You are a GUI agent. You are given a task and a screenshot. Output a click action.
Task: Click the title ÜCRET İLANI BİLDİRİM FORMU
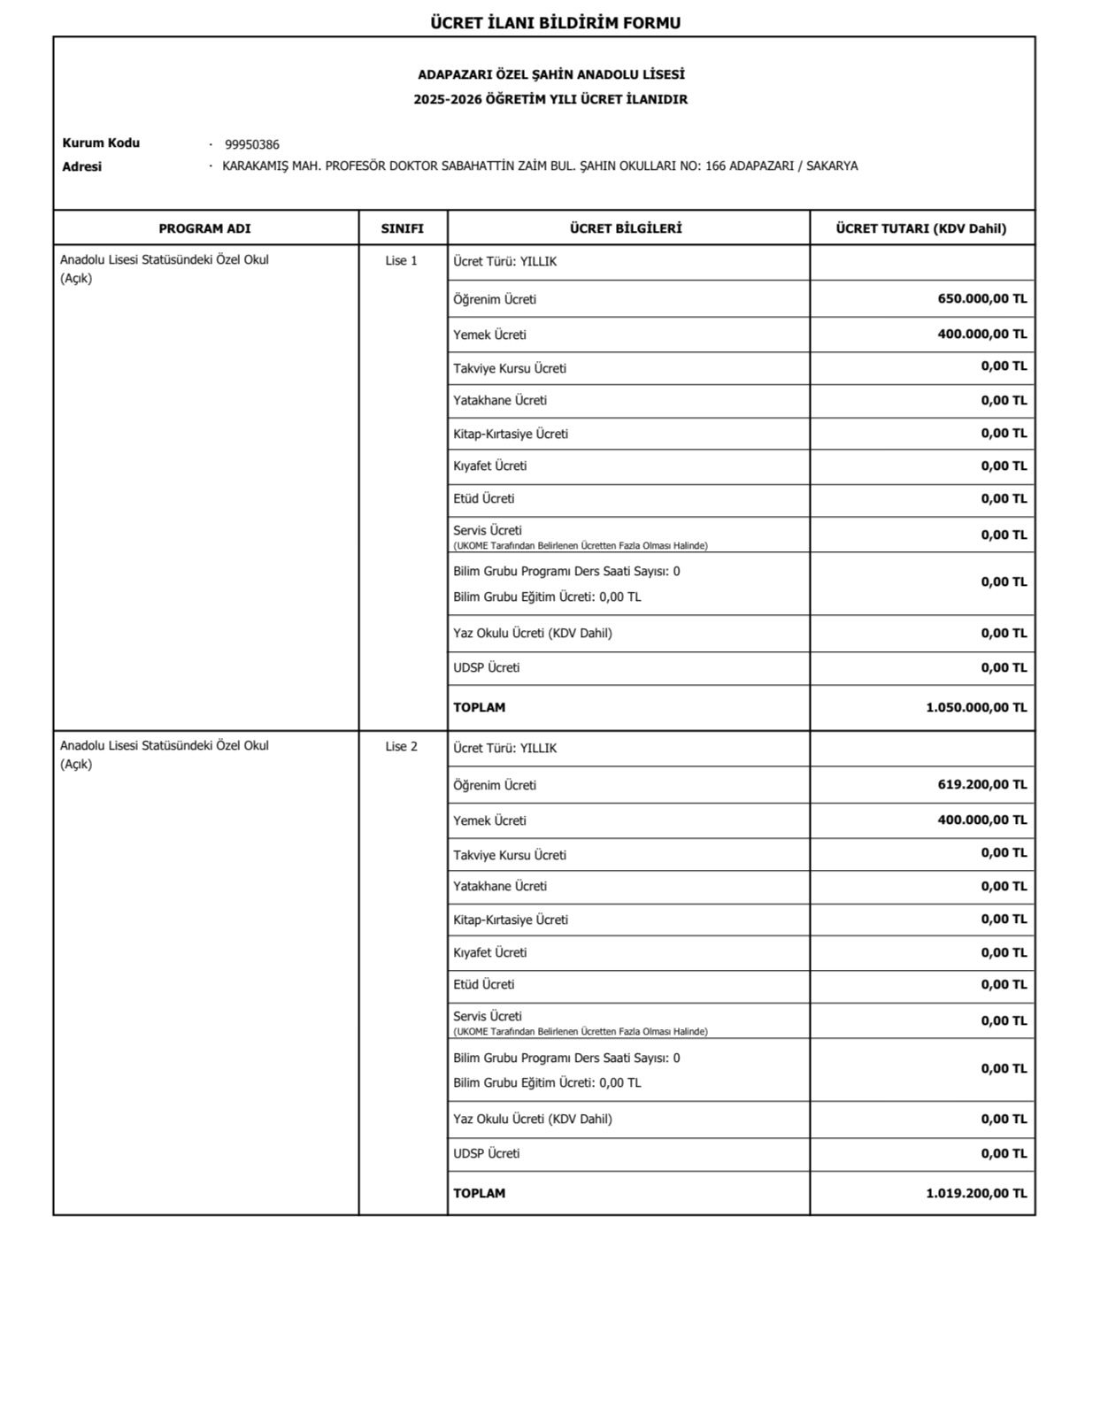point(555,23)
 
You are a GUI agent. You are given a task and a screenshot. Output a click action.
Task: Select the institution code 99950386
point(251,145)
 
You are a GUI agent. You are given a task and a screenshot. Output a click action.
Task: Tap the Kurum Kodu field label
point(101,143)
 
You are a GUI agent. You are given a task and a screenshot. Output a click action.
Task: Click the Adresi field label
point(81,166)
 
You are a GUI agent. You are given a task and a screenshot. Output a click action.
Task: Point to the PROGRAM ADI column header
point(204,228)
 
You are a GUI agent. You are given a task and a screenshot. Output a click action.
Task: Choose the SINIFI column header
point(402,228)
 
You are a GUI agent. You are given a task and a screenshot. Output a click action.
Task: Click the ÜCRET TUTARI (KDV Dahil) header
point(920,228)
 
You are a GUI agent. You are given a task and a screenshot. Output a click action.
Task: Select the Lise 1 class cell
point(401,261)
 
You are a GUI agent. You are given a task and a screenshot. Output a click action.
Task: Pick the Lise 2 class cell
point(401,747)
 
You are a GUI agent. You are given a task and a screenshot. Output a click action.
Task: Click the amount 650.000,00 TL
point(981,299)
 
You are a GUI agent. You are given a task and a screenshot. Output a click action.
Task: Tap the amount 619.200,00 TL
point(981,785)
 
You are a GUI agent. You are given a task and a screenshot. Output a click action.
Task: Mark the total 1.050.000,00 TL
point(975,708)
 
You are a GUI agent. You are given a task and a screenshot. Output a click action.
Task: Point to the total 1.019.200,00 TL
point(975,1194)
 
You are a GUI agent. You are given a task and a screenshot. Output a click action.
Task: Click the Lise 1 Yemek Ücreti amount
point(981,335)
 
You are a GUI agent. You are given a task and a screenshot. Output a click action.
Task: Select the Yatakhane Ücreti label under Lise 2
point(500,887)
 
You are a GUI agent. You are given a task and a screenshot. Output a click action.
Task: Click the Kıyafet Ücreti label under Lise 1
point(489,466)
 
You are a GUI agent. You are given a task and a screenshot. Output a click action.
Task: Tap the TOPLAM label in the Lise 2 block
point(479,1194)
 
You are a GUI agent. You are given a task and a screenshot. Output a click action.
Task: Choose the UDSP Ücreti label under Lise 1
point(486,668)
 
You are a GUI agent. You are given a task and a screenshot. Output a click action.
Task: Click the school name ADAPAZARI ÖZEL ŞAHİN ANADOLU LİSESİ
point(550,75)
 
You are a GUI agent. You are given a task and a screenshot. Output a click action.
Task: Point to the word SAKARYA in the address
point(831,166)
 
